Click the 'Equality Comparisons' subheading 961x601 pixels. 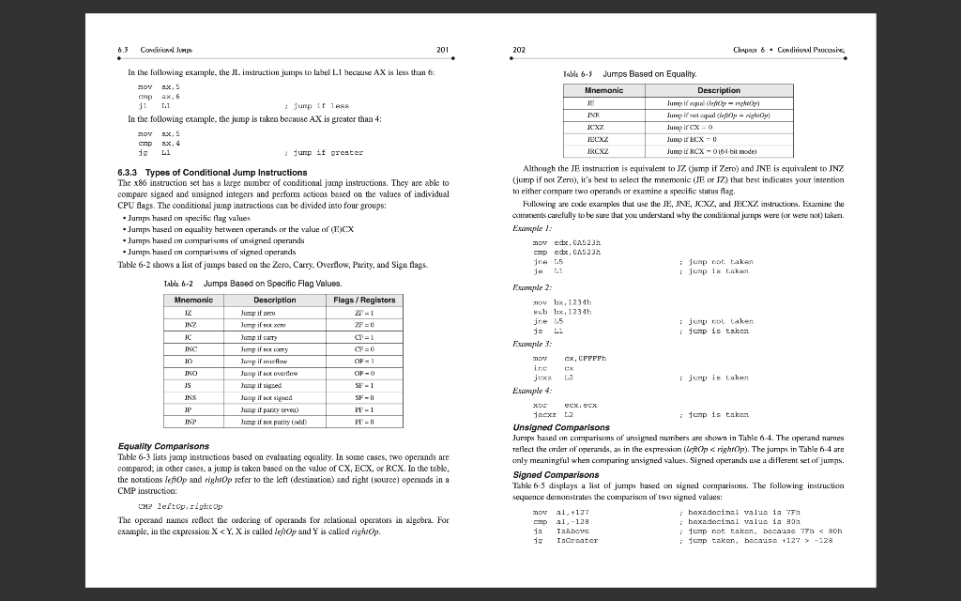pos(163,446)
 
